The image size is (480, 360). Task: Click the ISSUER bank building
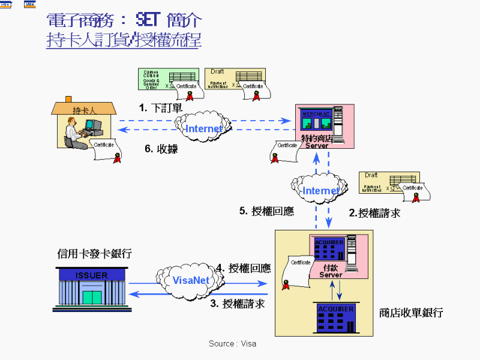point(92,290)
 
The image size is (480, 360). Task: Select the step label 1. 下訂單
point(160,108)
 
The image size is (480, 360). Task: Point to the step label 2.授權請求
point(374,212)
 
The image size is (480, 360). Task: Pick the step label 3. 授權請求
point(238,304)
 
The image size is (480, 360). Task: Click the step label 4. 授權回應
point(244,268)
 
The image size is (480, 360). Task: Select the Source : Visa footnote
point(232,344)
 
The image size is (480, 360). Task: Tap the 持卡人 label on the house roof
point(85,110)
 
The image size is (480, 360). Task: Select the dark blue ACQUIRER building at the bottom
point(335,316)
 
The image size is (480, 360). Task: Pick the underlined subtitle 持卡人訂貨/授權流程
point(124,41)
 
